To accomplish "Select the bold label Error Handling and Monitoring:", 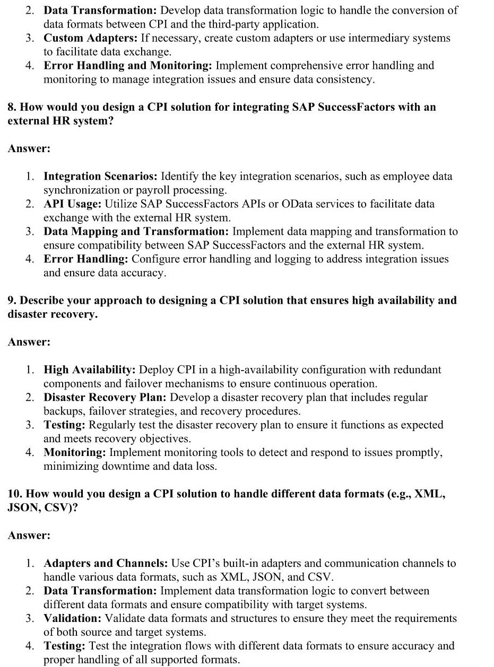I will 128,66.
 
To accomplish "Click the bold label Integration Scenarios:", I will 100,176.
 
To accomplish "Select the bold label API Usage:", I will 72,204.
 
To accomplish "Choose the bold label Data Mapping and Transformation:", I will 136,231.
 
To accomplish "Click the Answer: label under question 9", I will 29,342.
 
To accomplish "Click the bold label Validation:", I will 72,618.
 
